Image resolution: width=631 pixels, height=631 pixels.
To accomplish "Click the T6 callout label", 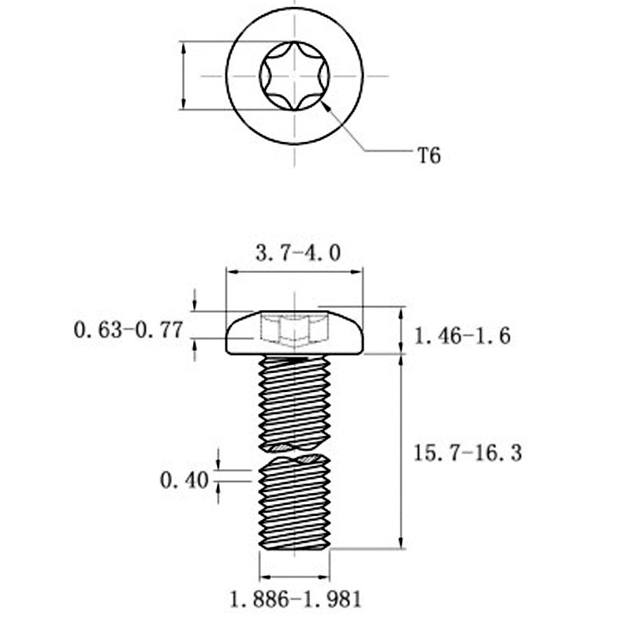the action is [x=428, y=155].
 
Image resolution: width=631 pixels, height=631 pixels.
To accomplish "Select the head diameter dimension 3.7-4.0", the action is [x=298, y=253].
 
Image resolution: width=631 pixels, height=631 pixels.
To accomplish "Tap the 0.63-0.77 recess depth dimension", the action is [x=127, y=330].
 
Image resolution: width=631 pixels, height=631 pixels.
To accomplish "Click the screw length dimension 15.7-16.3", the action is [x=468, y=454].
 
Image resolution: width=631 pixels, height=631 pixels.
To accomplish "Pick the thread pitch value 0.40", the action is [x=183, y=479].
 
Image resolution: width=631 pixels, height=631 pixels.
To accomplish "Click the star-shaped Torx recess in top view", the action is [x=294, y=77].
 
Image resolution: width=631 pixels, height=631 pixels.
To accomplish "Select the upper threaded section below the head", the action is [x=294, y=398].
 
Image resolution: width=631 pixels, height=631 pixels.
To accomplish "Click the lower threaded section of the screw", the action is [x=294, y=505].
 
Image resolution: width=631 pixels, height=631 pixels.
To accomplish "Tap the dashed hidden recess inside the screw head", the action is [x=293, y=330].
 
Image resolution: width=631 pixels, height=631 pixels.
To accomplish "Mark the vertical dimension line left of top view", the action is [x=183, y=77].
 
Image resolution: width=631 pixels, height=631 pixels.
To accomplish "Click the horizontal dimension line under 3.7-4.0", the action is [x=294, y=271].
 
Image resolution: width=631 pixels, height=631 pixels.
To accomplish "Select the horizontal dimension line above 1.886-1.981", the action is [x=294, y=574].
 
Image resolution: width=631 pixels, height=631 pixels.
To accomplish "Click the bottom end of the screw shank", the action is [x=294, y=546].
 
